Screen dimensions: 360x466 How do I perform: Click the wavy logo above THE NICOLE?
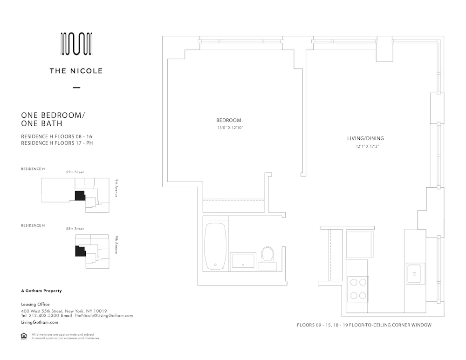pyautogui.click(x=76, y=44)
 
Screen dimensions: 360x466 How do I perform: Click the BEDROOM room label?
pyautogui.click(x=229, y=120)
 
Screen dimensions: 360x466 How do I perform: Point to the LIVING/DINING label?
pyautogui.click(x=365, y=138)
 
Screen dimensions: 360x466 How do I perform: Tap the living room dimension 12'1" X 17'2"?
pyautogui.click(x=365, y=146)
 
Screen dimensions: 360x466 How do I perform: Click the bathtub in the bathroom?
pyautogui.click(x=216, y=246)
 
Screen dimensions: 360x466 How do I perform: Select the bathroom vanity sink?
pyautogui.click(x=243, y=262)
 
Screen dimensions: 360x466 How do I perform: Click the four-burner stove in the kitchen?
pyautogui.click(x=358, y=288)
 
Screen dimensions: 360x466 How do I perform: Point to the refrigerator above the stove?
pyautogui.click(x=359, y=244)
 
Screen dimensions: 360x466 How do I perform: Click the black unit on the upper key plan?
pyautogui.click(x=80, y=196)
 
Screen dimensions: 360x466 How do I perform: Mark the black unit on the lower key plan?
pyautogui.click(x=80, y=251)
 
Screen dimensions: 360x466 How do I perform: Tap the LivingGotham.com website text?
pyautogui.click(x=40, y=322)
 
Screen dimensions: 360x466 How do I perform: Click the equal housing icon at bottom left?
pyautogui.click(x=24, y=336)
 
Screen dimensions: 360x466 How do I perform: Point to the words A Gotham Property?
pyautogui.click(x=41, y=291)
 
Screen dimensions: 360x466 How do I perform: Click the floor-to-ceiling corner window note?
pyautogui.click(x=364, y=325)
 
